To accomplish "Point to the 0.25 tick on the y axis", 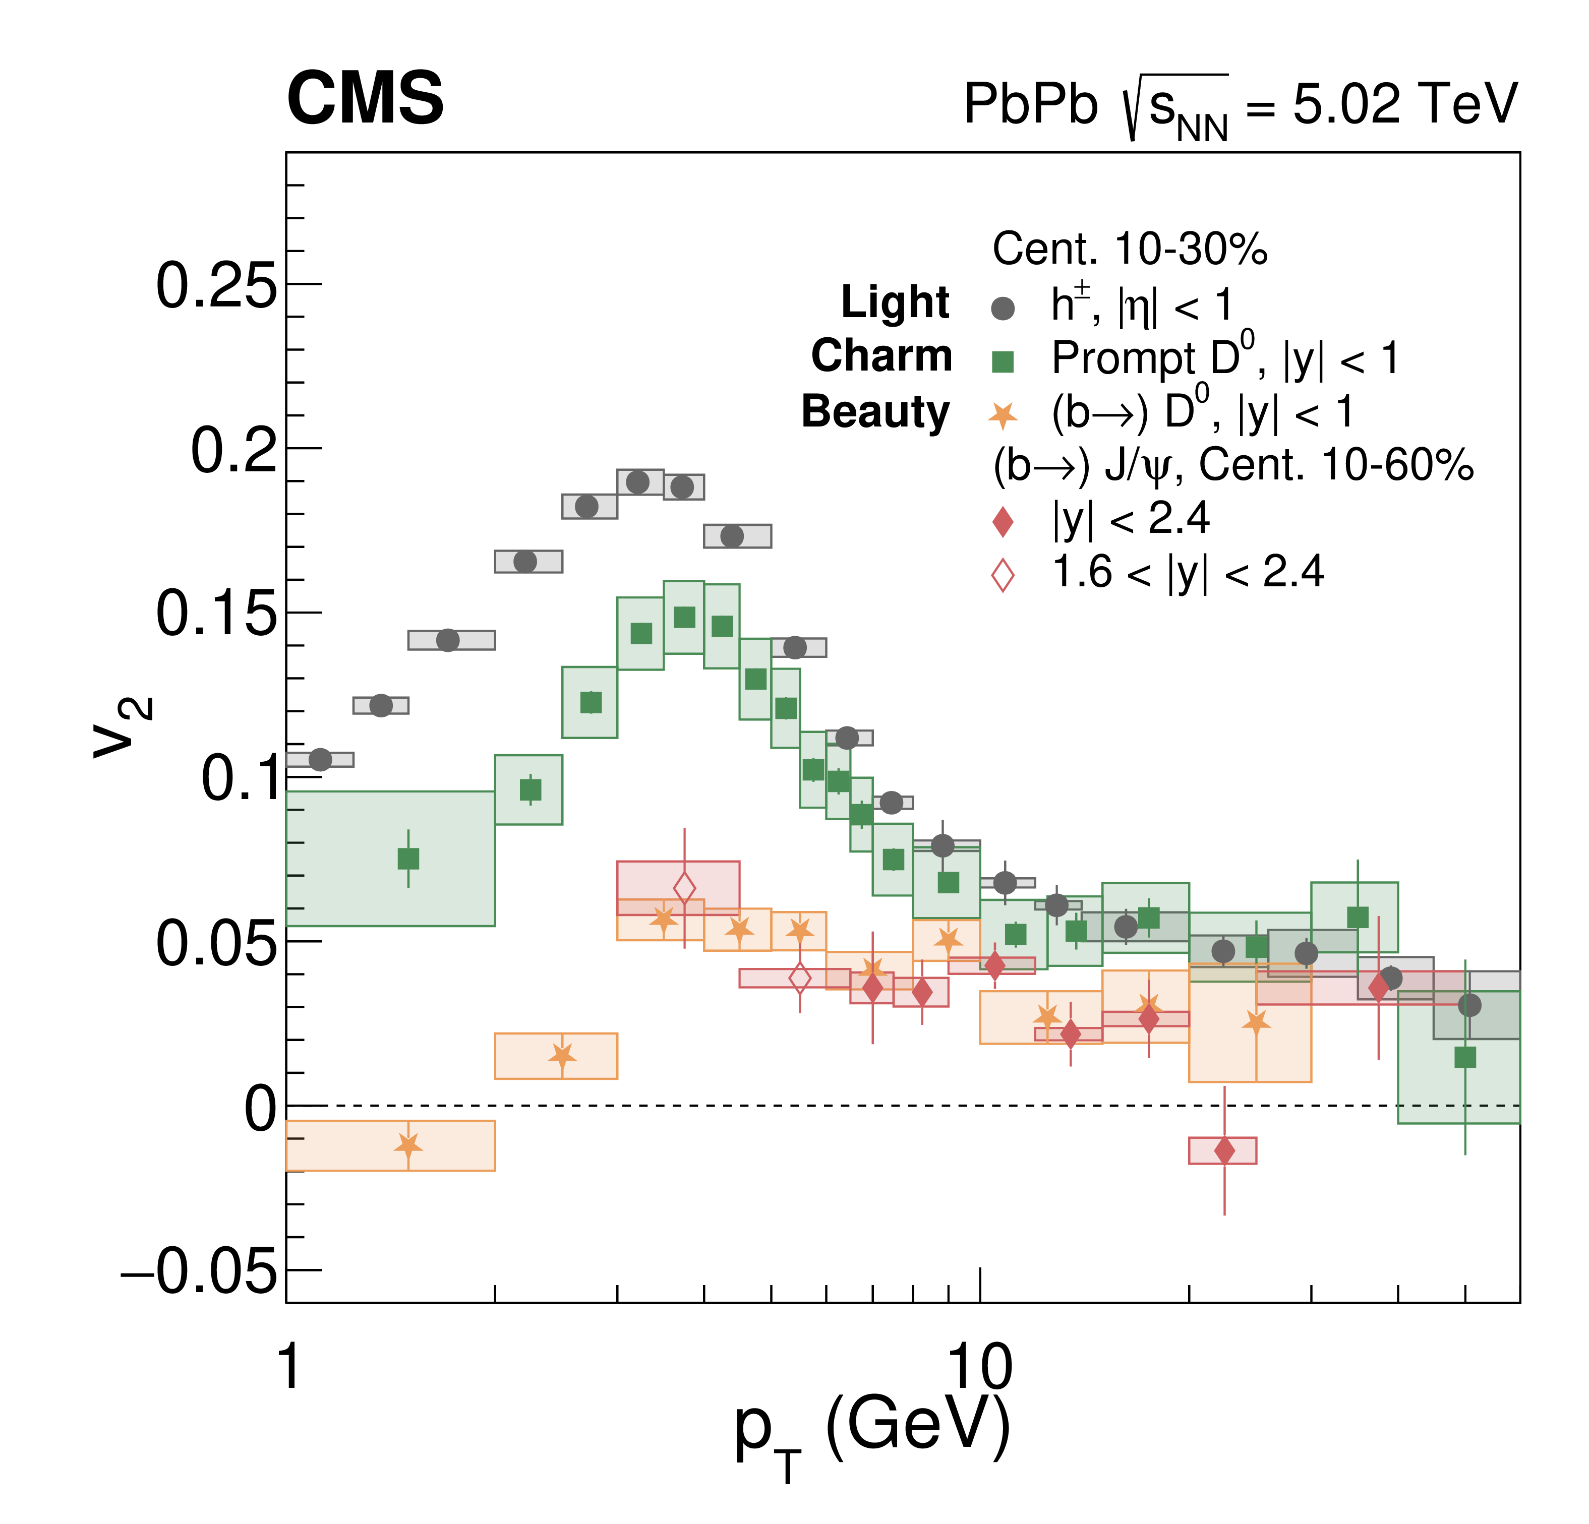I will point(216,286).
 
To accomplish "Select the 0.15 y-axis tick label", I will point(216,614).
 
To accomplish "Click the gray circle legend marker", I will point(1003,308).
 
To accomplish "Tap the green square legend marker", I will point(1003,361).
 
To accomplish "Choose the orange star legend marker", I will point(1003,416).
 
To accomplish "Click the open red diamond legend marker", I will point(1003,576).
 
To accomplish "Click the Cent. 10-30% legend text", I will point(1129,249).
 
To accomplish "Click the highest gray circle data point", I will point(638,482).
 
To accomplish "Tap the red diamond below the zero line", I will point(1224,1150).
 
